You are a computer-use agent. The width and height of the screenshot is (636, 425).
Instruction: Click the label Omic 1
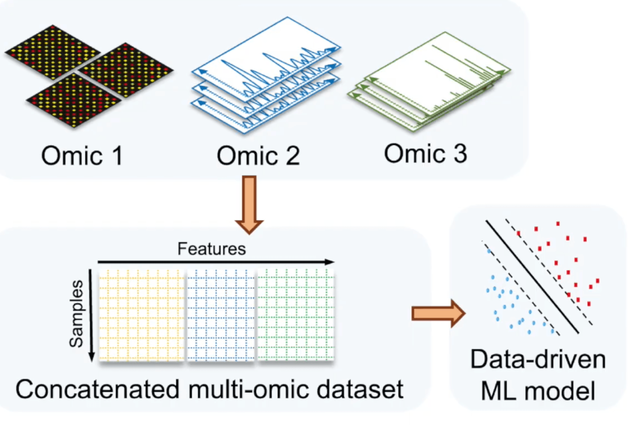82,156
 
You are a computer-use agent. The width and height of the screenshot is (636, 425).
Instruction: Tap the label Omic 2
258,156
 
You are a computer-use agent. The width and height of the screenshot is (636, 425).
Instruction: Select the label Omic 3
425,154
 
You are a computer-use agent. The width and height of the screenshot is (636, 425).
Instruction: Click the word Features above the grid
212,249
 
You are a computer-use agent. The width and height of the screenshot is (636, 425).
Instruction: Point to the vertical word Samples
76,313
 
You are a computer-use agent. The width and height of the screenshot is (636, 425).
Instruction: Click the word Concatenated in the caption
97,389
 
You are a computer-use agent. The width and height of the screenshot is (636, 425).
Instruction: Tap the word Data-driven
538,359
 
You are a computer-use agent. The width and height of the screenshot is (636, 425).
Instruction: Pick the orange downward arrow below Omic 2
249,205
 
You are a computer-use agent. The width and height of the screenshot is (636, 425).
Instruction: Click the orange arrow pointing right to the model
438,314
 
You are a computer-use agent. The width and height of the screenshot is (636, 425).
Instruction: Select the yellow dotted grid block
142,314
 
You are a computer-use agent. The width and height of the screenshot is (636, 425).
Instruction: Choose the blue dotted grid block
221,314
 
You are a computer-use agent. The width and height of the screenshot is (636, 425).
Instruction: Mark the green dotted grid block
296,314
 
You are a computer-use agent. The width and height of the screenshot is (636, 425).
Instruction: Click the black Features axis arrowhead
329,262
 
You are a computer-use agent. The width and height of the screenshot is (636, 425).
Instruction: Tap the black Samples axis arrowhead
91,357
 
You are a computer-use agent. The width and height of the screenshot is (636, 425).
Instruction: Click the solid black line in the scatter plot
532,277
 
